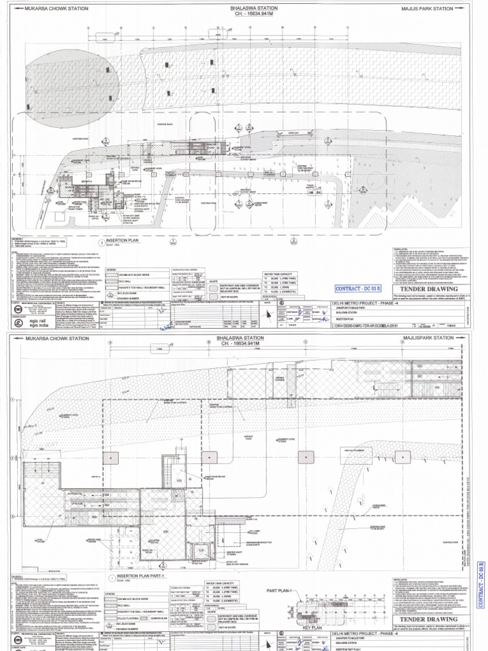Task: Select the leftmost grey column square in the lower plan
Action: coord(112,458)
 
